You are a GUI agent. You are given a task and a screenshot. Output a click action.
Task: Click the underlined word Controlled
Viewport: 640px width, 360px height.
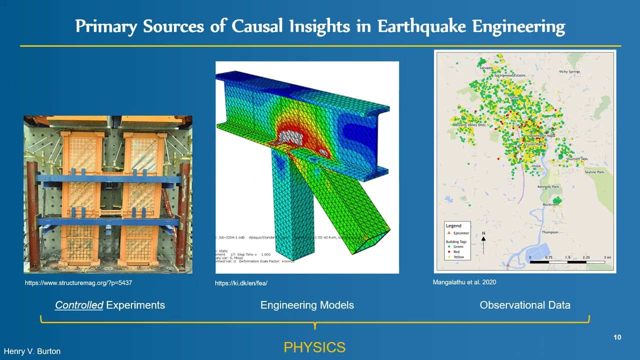click(x=79, y=305)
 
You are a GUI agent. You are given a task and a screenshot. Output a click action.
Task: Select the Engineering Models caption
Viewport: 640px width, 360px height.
click(x=307, y=305)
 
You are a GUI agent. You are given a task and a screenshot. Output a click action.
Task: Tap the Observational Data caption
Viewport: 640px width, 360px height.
click(x=524, y=305)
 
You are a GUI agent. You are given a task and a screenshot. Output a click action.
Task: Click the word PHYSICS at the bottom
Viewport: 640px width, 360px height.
click(x=314, y=347)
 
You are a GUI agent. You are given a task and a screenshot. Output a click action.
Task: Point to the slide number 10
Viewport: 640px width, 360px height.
click(x=617, y=337)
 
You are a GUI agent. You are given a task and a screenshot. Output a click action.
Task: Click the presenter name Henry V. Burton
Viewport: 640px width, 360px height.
click(x=32, y=351)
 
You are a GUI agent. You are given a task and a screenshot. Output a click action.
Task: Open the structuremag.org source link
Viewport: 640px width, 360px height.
click(x=78, y=283)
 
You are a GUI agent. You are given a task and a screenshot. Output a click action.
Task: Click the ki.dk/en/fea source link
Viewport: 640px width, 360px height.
click(x=241, y=283)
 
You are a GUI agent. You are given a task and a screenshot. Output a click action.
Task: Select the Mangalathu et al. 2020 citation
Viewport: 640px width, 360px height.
click(x=464, y=282)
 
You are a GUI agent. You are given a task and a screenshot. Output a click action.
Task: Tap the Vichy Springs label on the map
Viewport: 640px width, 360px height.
click(x=569, y=72)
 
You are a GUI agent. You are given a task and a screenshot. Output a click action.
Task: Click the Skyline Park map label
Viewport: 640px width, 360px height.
click(x=594, y=172)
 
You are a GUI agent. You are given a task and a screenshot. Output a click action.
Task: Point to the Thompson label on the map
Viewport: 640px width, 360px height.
click(x=550, y=232)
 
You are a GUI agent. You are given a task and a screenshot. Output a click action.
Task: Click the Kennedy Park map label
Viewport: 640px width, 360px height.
click(x=548, y=187)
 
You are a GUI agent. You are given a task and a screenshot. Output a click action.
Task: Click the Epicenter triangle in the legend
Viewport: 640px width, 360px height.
click(x=449, y=233)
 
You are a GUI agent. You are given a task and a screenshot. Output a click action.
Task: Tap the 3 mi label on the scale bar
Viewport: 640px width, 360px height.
click(x=607, y=257)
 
